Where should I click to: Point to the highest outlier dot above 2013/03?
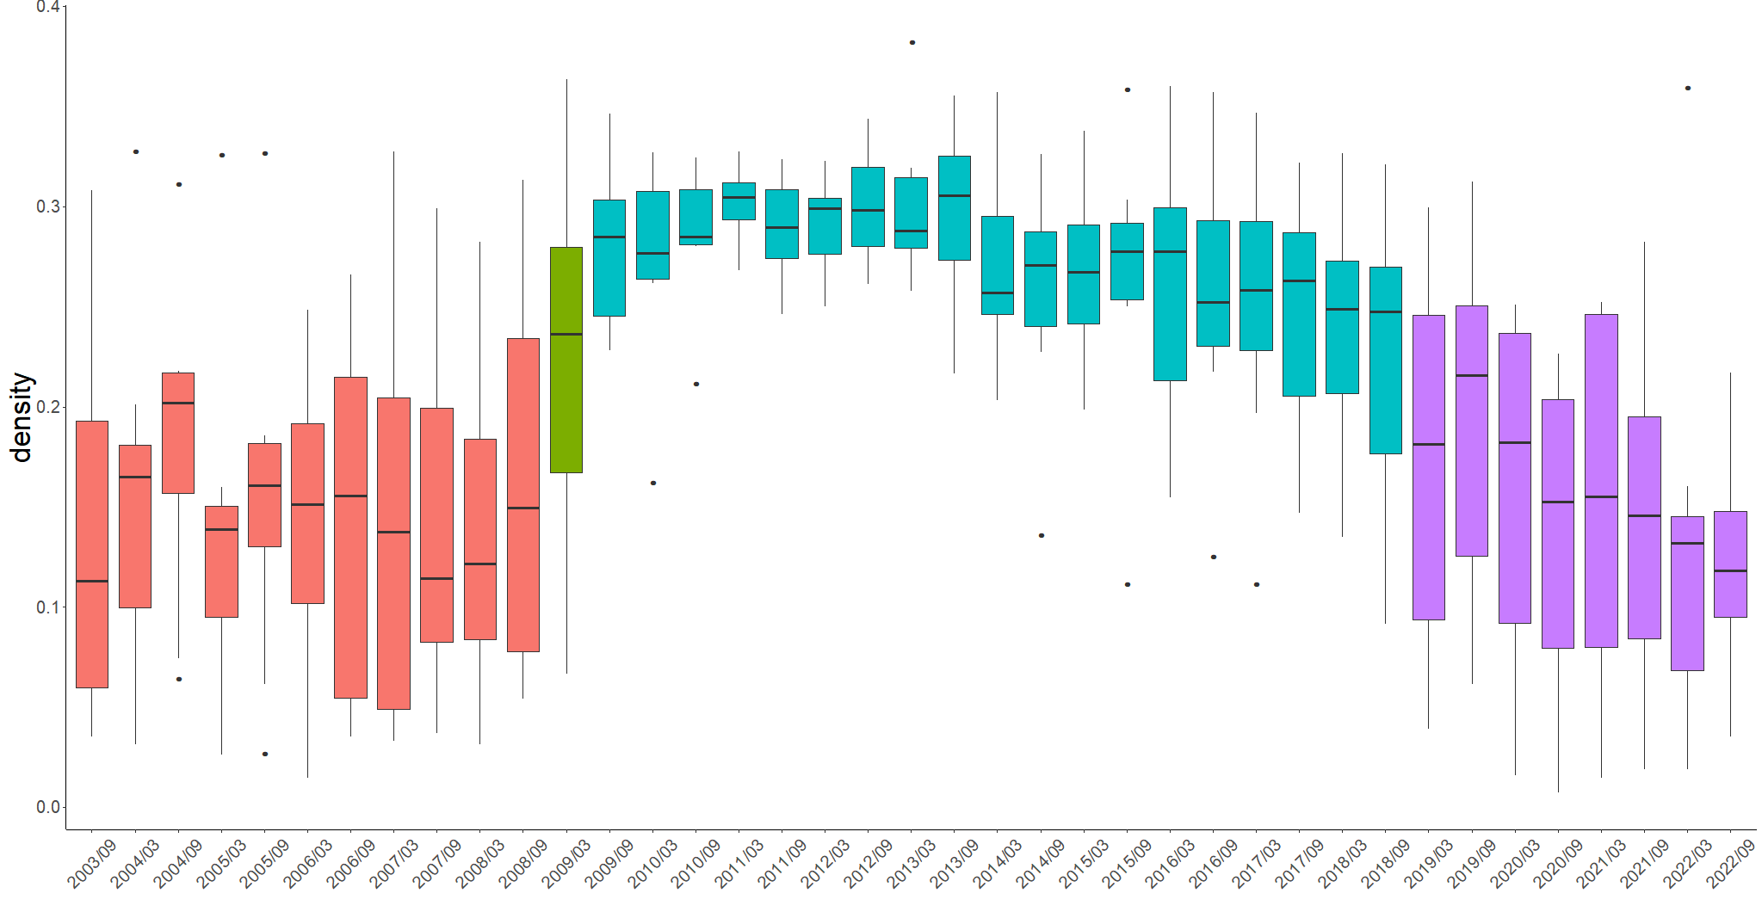[x=912, y=42]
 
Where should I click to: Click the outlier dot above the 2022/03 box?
[x=1688, y=88]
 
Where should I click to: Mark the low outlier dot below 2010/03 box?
[x=653, y=483]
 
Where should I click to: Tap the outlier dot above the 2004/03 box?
[x=136, y=151]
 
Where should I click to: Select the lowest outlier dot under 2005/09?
[x=265, y=754]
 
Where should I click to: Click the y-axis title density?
[x=21, y=417]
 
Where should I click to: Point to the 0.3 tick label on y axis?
[x=48, y=206]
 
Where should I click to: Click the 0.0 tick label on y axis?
[x=48, y=807]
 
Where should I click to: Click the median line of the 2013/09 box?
[x=955, y=195]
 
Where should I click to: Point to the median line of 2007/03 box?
[x=394, y=532]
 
